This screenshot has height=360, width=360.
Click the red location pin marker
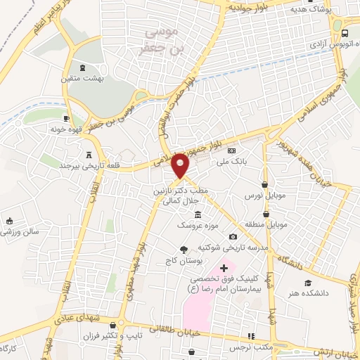(181, 165)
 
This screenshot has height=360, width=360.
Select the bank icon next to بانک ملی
(233, 150)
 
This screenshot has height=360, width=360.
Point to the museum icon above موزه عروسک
(198, 213)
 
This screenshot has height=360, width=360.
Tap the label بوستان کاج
(186, 261)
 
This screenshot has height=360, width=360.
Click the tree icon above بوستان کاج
(184, 249)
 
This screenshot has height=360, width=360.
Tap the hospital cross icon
(224, 268)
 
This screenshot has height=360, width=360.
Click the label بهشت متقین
(83, 79)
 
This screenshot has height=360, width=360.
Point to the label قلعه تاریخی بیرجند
(88, 167)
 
